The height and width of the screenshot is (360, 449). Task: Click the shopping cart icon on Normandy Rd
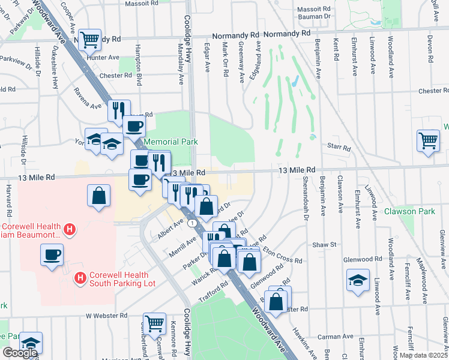(x=89, y=41)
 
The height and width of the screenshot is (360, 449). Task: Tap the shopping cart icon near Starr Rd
(x=428, y=140)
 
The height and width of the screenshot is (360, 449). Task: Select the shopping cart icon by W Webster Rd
(x=155, y=323)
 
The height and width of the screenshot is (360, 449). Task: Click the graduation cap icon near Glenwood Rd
(x=358, y=280)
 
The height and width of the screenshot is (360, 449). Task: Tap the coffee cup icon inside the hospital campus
(x=52, y=255)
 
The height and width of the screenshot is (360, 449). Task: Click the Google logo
(x=20, y=353)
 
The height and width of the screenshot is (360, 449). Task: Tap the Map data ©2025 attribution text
(x=424, y=355)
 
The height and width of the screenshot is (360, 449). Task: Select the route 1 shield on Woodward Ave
(x=191, y=223)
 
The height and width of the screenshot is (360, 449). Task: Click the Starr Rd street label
(x=338, y=145)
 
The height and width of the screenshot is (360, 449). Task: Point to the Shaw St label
(x=324, y=244)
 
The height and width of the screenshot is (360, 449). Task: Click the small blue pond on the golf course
(x=294, y=82)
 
